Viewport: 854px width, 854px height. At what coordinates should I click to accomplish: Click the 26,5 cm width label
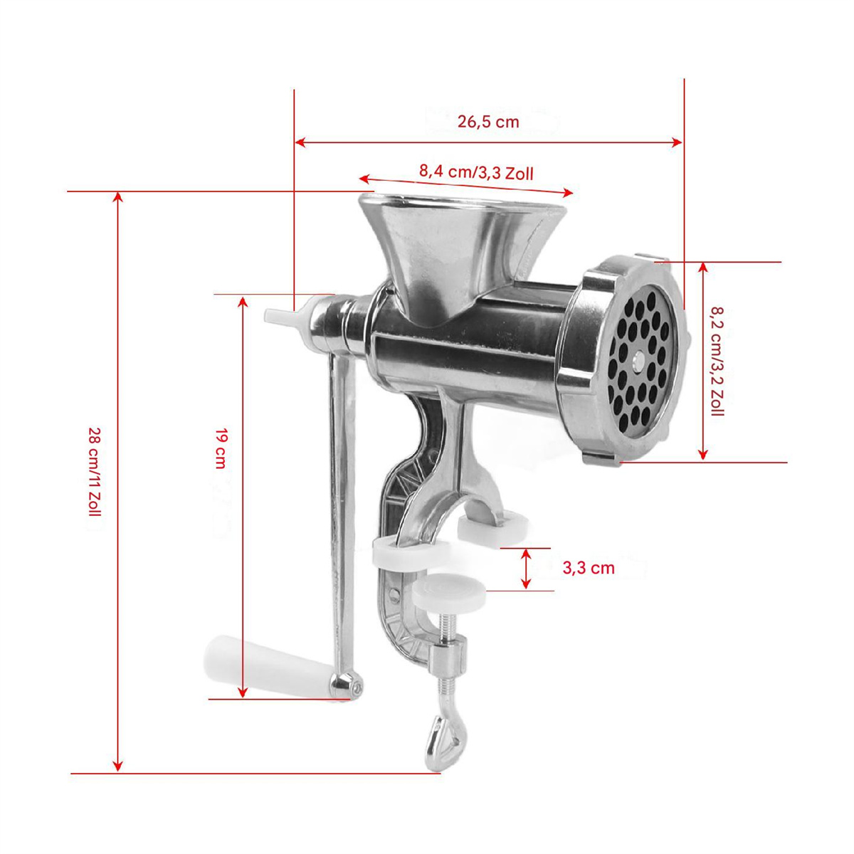click(487, 122)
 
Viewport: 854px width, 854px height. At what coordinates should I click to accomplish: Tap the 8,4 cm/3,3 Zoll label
click(476, 172)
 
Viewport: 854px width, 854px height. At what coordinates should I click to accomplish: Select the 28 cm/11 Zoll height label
click(95, 472)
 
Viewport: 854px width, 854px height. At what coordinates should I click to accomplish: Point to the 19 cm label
click(220, 448)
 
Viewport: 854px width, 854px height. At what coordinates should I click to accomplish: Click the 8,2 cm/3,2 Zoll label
click(717, 361)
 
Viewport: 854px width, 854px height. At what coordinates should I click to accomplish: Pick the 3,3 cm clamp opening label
click(589, 568)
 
